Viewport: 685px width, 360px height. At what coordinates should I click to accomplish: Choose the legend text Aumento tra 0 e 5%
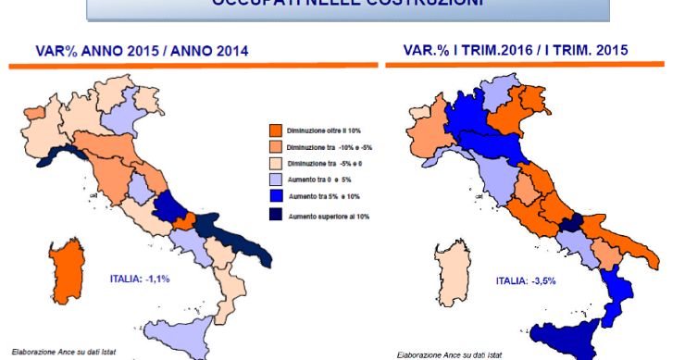pos(315,180)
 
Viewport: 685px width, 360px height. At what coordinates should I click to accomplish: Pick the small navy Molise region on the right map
pos(572,222)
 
